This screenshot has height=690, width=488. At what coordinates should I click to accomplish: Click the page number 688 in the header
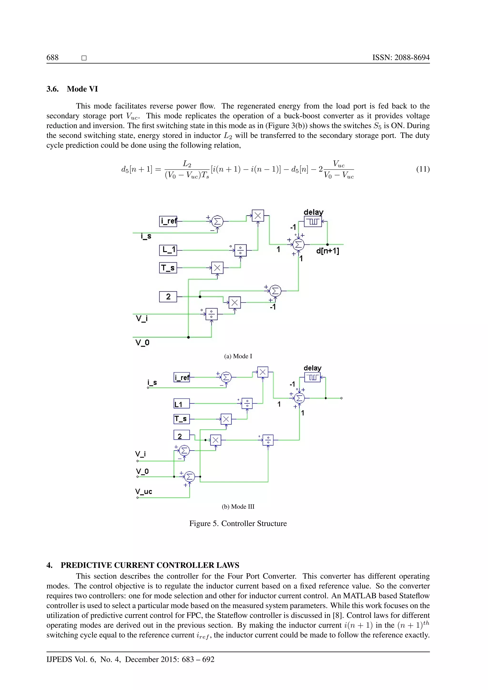coord(53,57)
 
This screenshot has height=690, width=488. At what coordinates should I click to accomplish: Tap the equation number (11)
coord(423,169)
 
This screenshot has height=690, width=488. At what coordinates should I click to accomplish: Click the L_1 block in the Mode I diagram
coord(168,250)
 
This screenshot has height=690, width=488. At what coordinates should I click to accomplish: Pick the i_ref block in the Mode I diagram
coord(168,221)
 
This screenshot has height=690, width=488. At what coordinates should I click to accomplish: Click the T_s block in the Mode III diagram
coord(181,419)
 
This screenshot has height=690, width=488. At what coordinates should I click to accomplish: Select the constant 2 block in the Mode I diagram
coord(168,297)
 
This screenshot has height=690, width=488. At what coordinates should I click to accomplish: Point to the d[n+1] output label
coord(328,251)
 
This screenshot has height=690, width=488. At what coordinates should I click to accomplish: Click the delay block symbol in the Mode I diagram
coord(313,222)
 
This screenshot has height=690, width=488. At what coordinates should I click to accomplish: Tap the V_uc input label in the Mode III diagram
coord(144,492)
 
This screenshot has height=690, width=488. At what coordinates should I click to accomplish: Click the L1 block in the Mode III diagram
coord(181,404)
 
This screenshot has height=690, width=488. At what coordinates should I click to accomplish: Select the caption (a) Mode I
coord(238,356)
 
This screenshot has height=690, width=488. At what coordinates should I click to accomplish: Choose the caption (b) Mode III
coord(238,506)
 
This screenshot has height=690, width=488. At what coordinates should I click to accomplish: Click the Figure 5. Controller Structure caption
coord(238,523)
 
